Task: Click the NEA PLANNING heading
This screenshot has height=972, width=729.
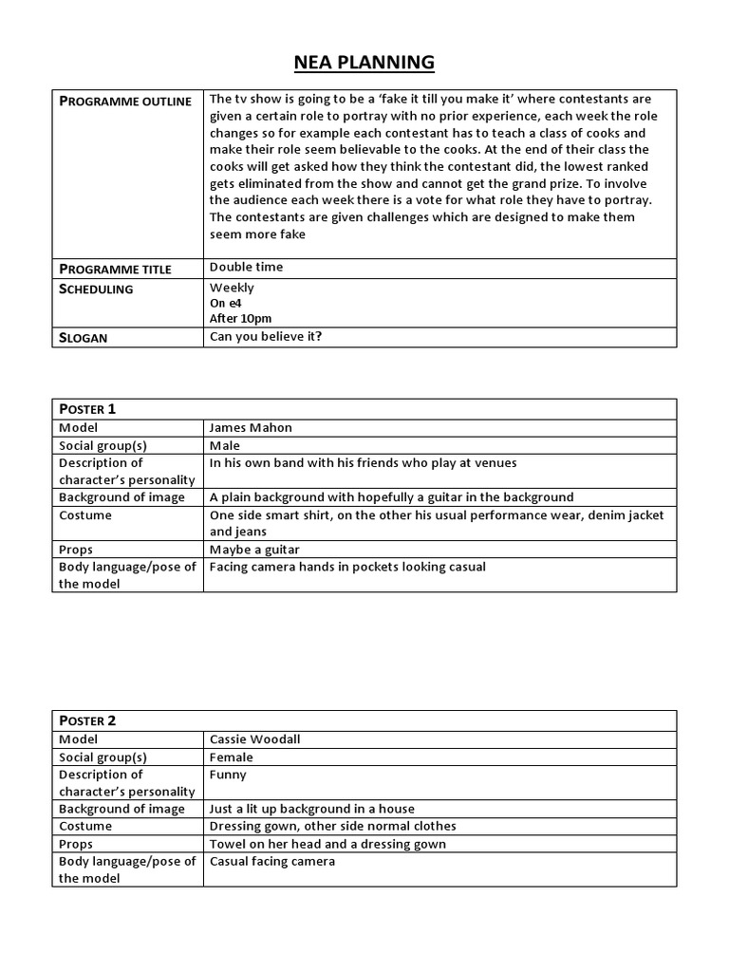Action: (364, 63)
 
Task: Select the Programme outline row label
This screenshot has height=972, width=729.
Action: (125, 102)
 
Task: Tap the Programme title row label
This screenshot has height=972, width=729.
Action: (115, 269)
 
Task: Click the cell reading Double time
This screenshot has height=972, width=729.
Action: (246, 268)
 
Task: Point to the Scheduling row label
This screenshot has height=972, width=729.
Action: (96, 289)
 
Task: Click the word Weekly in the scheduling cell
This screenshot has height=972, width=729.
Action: (232, 288)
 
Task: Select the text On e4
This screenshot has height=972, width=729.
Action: (226, 303)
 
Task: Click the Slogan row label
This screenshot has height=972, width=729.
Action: (83, 338)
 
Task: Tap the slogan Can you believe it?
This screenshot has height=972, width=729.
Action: (266, 336)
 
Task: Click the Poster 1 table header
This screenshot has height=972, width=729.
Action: (87, 409)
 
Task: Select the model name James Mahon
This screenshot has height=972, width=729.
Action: (251, 428)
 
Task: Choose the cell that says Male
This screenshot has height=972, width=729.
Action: (225, 445)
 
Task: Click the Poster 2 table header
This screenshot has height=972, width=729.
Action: (87, 720)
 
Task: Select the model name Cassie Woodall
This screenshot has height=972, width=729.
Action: (254, 739)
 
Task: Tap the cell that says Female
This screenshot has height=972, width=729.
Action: (231, 757)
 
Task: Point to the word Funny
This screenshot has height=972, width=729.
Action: (228, 775)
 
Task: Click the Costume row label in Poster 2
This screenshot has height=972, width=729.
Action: (85, 827)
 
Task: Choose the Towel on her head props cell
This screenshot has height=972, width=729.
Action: (327, 844)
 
